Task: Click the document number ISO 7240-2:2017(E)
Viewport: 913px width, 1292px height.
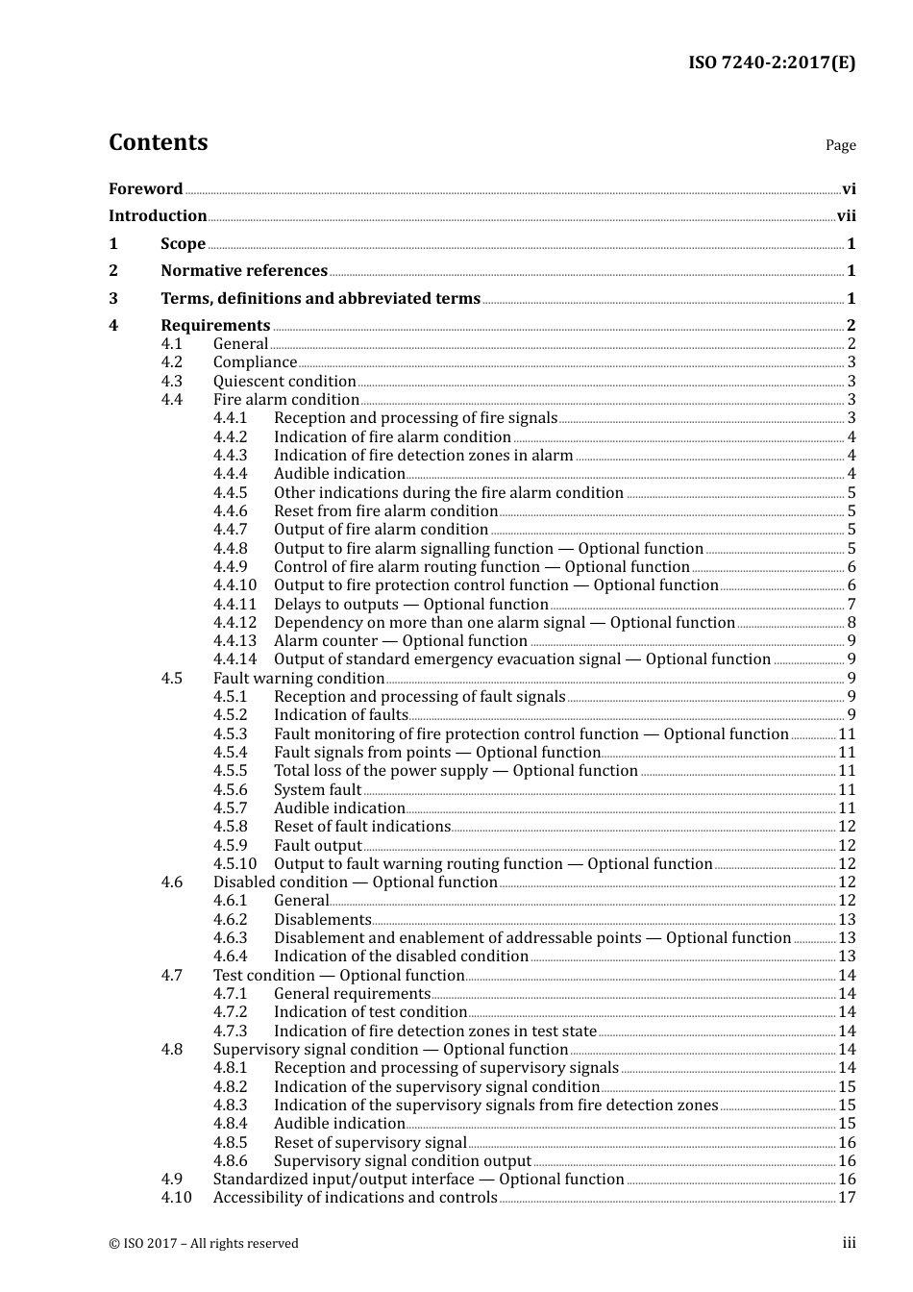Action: (771, 63)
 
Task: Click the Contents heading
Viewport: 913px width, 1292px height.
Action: (158, 142)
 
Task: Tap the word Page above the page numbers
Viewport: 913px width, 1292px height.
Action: (840, 145)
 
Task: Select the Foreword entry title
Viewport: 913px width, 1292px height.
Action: (145, 189)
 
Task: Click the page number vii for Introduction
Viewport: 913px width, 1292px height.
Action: (846, 216)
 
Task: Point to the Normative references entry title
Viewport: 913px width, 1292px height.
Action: (244, 271)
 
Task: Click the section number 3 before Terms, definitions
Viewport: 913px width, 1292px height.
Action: (113, 299)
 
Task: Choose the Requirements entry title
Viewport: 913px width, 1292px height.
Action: (215, 326)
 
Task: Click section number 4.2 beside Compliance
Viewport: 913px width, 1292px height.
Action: (171, 362)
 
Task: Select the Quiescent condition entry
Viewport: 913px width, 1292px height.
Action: (284, 382)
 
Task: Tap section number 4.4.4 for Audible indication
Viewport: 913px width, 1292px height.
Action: (230, 474)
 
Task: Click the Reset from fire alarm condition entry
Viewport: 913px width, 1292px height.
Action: (385, 511)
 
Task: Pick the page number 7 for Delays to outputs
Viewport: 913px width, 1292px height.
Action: (851, 605)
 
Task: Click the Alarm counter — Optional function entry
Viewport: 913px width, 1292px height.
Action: (401, 641)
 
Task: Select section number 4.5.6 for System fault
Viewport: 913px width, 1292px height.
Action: (230, 790)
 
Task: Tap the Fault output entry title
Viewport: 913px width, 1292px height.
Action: (318, 846)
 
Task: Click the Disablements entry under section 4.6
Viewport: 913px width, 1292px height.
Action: (322, 920)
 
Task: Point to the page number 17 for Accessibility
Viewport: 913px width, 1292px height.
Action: (846, 1198)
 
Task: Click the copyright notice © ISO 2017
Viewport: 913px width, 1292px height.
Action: (204, 1244)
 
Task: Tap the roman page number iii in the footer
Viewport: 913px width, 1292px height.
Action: (849, 1243)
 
